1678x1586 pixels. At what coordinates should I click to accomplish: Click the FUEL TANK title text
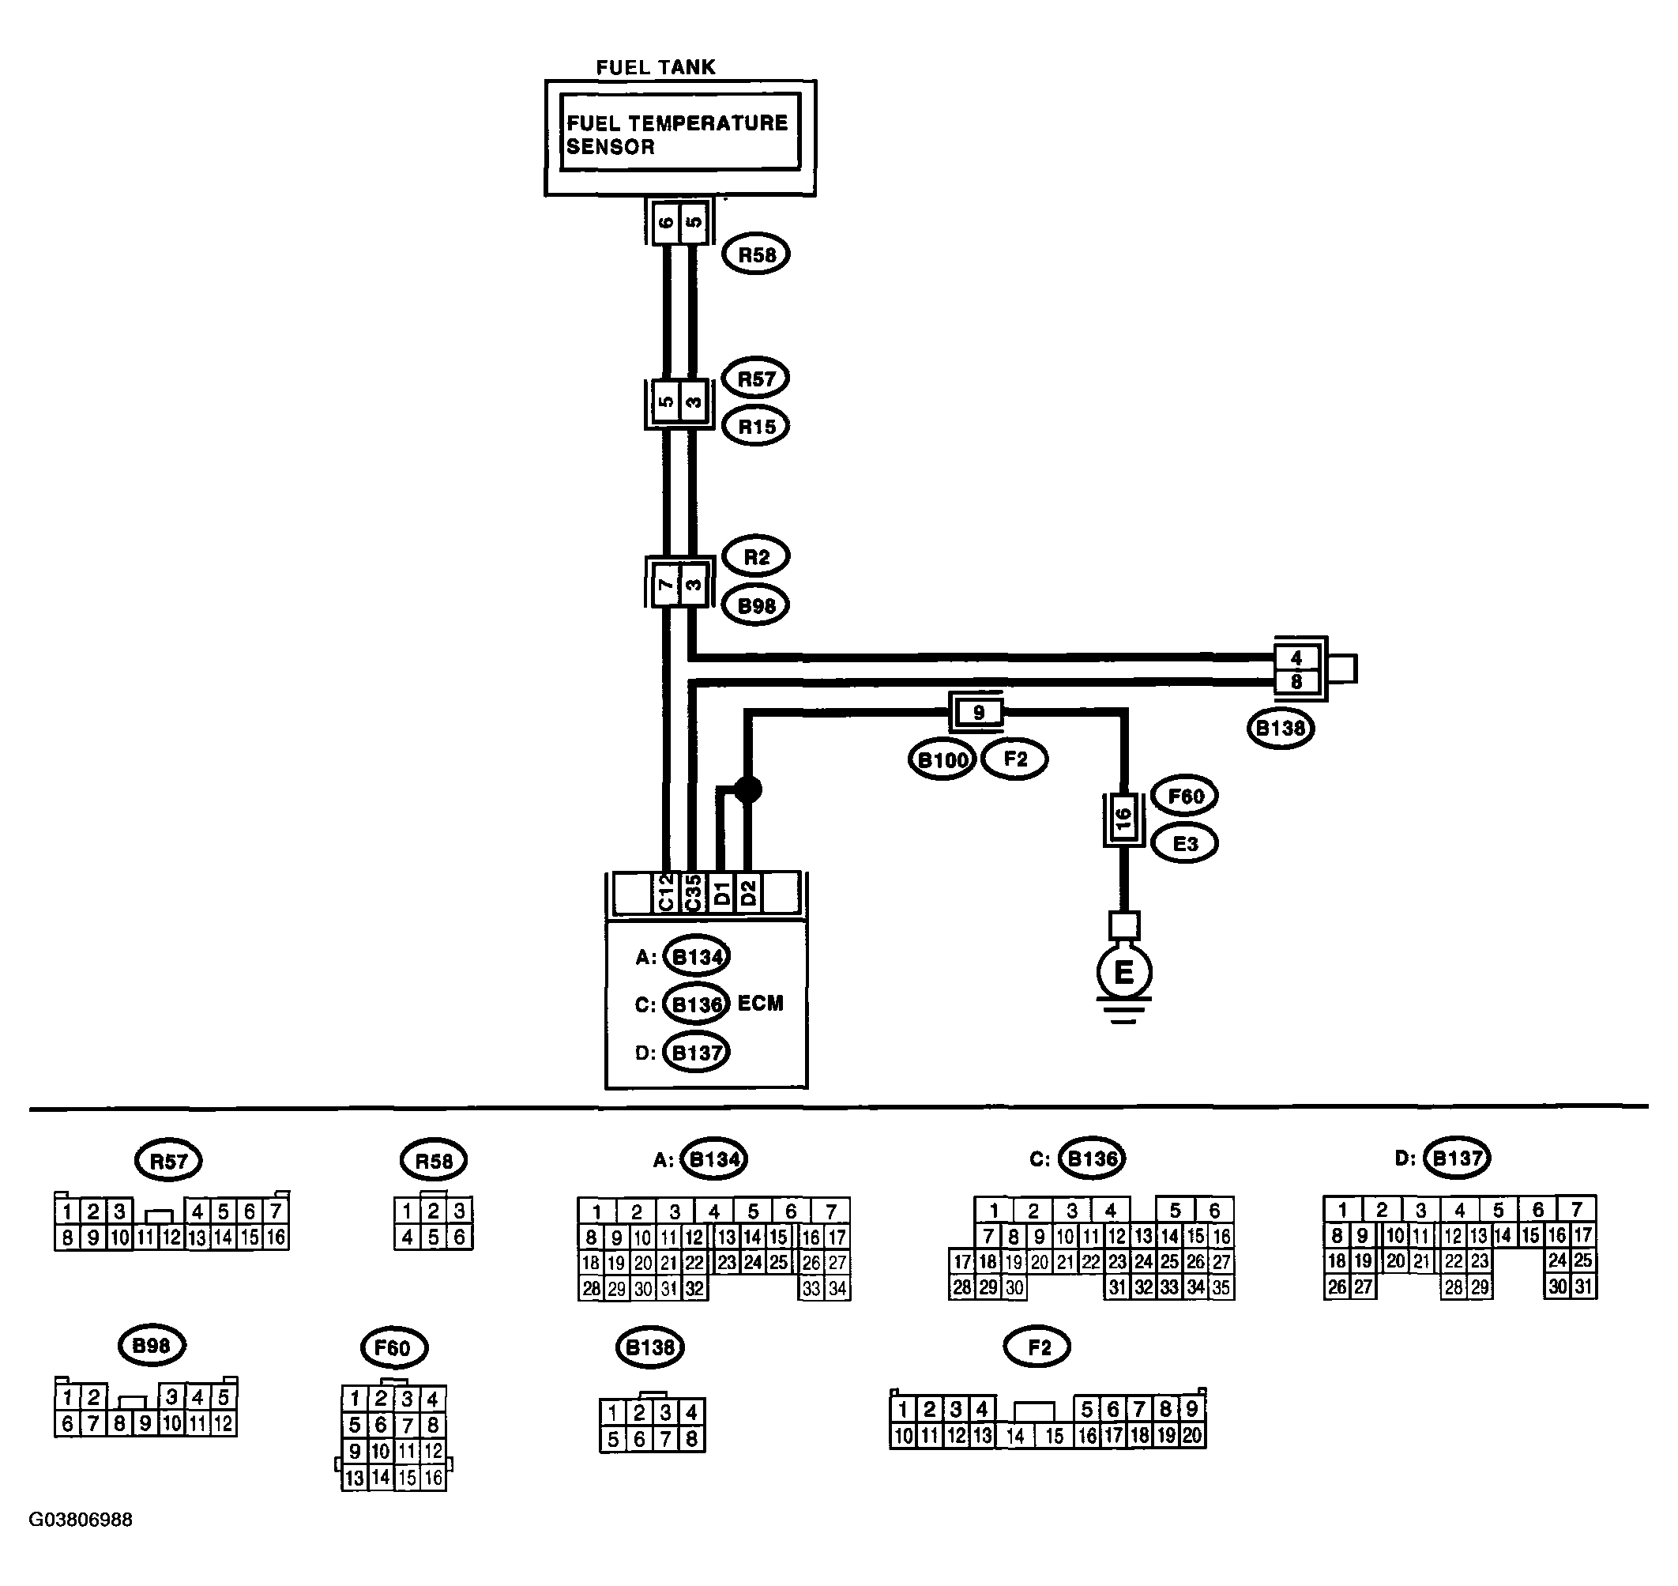coord(655,68)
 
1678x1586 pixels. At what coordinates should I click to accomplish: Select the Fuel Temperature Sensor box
coord(679,132)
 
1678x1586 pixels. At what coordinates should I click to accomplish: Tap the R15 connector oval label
coord(756,426)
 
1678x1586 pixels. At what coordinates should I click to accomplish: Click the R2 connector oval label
coord(756,557)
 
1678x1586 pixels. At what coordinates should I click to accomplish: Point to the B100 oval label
coord(942,759)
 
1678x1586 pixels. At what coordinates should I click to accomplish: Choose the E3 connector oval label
coord(1185,843)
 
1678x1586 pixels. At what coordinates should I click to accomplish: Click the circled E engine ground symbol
coord(1123,972)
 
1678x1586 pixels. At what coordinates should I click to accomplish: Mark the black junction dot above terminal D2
coord(747,789)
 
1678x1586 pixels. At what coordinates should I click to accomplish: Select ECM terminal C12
coord(665,893)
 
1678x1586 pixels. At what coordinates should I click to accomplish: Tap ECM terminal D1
coord(721,893)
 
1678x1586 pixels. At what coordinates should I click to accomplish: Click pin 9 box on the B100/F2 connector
coord(978,712)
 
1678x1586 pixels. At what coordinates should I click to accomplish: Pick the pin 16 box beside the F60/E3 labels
coord(1123,819)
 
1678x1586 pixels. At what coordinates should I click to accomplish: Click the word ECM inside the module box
coord(760,1004)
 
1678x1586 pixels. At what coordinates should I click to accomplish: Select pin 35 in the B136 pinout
coord(1221,1287)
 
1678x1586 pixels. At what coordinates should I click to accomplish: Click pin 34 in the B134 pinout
coord(837,1288)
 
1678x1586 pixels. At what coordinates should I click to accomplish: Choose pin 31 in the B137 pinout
coord(1583,1286)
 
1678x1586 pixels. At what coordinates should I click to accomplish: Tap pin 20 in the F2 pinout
coord(1191,1435)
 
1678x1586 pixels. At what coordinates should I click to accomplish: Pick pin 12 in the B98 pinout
coord(223,1424)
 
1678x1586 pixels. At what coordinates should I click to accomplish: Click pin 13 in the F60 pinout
coord(354,1478)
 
